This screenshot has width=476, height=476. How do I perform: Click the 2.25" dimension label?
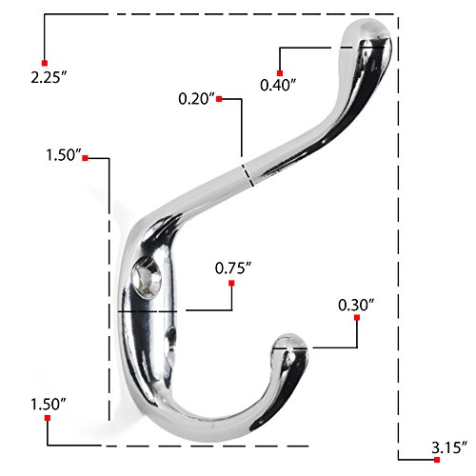(49, 77)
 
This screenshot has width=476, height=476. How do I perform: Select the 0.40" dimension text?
(278, 85)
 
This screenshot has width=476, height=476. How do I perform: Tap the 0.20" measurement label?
(196, 99)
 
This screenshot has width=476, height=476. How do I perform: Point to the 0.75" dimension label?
(233, 268)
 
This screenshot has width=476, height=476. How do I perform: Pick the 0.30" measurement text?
(356, 305)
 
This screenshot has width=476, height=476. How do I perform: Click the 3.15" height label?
(449, 447)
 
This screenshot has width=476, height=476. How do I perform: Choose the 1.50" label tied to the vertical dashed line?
(64, 155)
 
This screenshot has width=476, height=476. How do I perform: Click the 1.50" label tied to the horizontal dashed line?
(49, 405)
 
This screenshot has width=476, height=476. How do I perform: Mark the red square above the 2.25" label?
(45, 63)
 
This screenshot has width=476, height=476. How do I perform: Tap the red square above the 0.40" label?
(280, 73)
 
